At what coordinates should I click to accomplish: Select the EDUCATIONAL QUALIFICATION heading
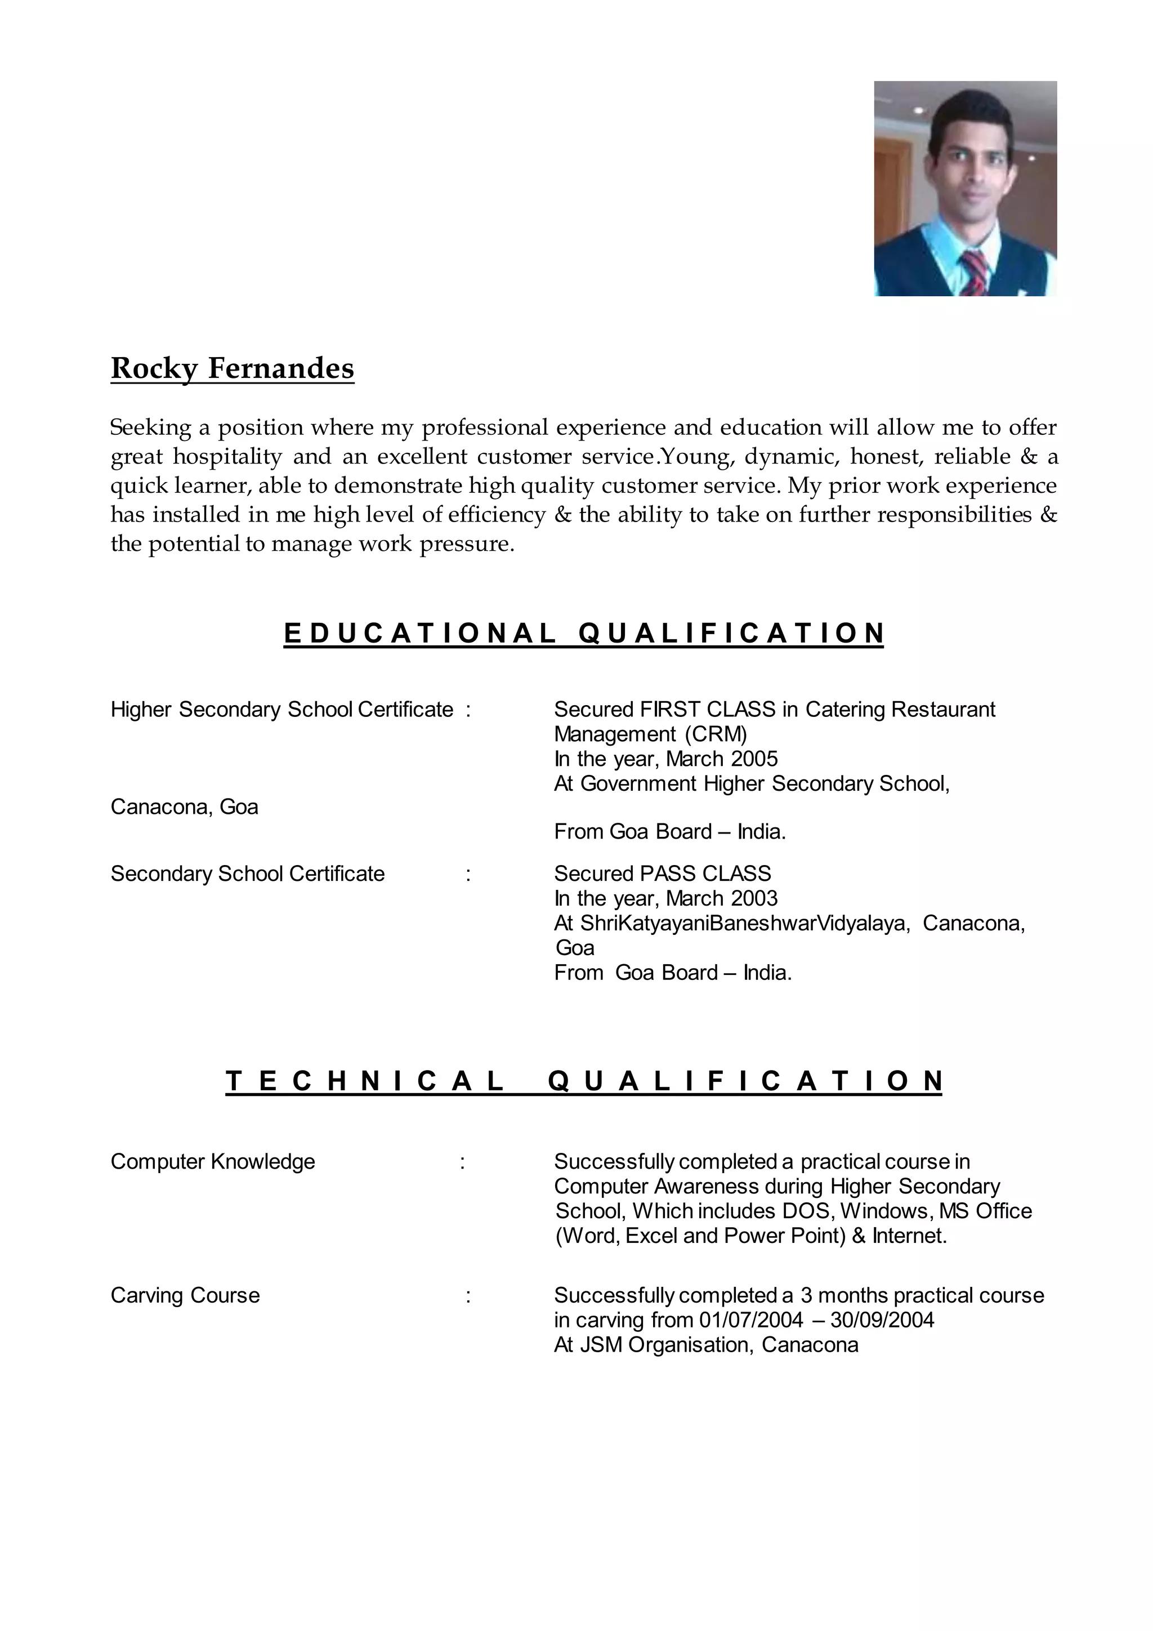pos(584,633)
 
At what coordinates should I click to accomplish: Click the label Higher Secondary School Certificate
pos(282,710)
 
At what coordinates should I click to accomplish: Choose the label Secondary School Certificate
pos(248,874)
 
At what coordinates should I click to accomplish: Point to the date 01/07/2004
pos(751,1320)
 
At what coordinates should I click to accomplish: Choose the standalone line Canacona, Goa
pos(185,807)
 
